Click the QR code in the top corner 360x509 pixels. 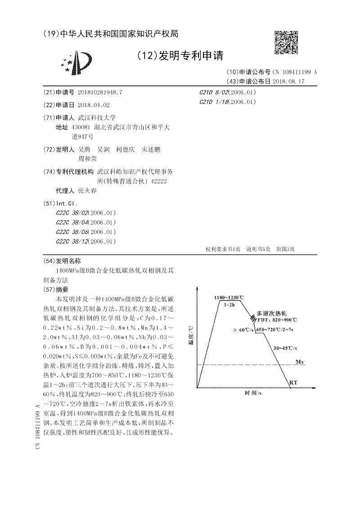[286, 43]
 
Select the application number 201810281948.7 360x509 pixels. [100, 92]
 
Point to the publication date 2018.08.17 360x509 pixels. [288, 81]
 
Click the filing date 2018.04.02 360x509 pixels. [94, 105]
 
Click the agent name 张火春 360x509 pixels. [87, 191]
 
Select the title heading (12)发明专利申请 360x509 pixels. [180, 56]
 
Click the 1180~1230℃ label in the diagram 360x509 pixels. [229, 297]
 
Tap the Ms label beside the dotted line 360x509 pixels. [300, 361]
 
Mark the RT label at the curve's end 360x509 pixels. [292, 382]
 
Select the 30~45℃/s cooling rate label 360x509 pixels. [285, 348]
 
